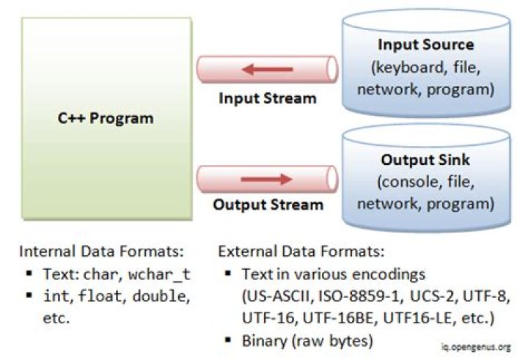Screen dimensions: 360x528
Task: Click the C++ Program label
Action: click(106, 118)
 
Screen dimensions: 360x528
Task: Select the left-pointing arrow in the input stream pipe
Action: click(267, 70)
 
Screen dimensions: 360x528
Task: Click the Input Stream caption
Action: click(268, 98)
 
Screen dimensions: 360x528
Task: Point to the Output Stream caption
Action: click(268, 205)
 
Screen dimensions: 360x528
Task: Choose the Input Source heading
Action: click(425, 45)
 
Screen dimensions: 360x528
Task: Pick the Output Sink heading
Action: click(425, 160)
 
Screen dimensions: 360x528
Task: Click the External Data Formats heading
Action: click(301, 251)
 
